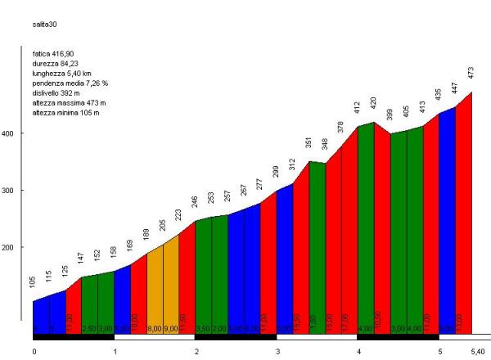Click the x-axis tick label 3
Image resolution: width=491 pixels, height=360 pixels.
tap(277, 351)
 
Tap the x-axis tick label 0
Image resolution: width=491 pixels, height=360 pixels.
tap(34, 351)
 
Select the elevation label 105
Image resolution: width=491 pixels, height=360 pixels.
tap(33, 282)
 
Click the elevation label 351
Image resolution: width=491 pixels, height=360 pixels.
tap(309, 142)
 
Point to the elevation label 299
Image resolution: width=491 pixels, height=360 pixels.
tap(277, 171)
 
